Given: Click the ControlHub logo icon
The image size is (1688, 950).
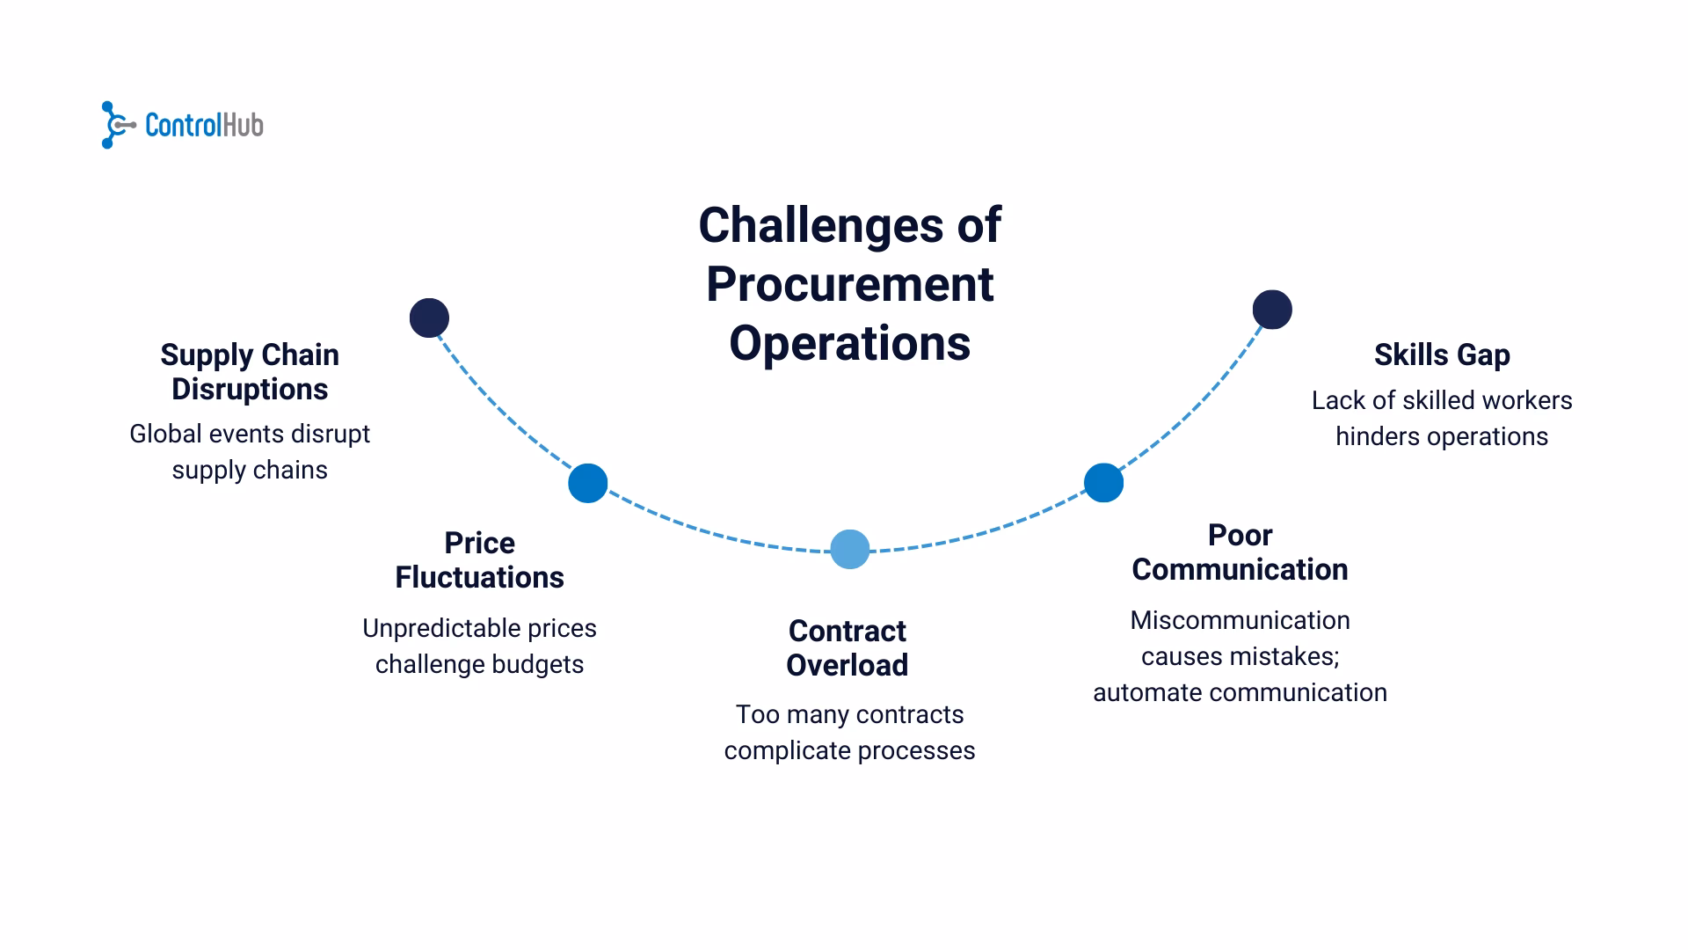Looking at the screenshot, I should click(117, 125).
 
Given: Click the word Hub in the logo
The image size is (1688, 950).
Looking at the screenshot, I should click(243, 125).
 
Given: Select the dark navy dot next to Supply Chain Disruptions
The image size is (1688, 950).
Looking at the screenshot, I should click(429, 318).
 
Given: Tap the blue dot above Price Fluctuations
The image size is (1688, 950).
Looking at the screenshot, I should click(587, 483).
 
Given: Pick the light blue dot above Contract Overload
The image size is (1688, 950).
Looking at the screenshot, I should click(849, 550).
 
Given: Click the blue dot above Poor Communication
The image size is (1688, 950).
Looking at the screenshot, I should click(1103, 482).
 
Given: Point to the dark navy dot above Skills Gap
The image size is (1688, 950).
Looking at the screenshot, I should click(1272, 310).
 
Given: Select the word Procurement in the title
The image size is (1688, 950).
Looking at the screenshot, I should click(849, 284).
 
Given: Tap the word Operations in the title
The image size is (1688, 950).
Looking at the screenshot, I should click(849, 343).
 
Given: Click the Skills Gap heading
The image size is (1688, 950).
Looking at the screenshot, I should click(1442, 354).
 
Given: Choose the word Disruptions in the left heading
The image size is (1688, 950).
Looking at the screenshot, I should click(250, 389).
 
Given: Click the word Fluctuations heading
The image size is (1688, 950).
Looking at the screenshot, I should click(479, 577).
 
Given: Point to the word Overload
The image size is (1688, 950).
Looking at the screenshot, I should click(847, 665).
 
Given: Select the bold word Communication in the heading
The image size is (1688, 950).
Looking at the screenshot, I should click(1240, 569).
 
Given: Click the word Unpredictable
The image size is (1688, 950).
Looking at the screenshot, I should click(441, 628).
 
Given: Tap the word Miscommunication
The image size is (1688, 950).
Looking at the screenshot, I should click(1240, 620).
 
